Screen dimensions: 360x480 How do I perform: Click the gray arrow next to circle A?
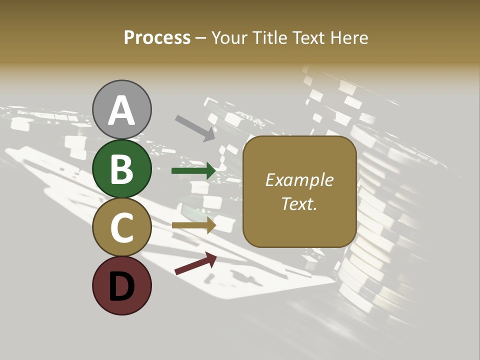tap(194, 127)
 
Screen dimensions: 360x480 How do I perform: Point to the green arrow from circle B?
tap(193, 171)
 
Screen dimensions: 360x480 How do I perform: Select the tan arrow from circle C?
tap(193, 225)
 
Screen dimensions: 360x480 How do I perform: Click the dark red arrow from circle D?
tap(195, 263)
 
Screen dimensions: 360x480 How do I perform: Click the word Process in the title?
tap(157, 37)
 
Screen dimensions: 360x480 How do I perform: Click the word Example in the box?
tap(299, 180)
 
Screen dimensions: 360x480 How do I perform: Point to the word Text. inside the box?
tap(299, 203)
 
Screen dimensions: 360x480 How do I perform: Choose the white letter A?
tap(122, 110)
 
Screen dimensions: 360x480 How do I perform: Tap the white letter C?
tap(122, 227)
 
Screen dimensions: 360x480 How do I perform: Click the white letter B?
tap(122, 169)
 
